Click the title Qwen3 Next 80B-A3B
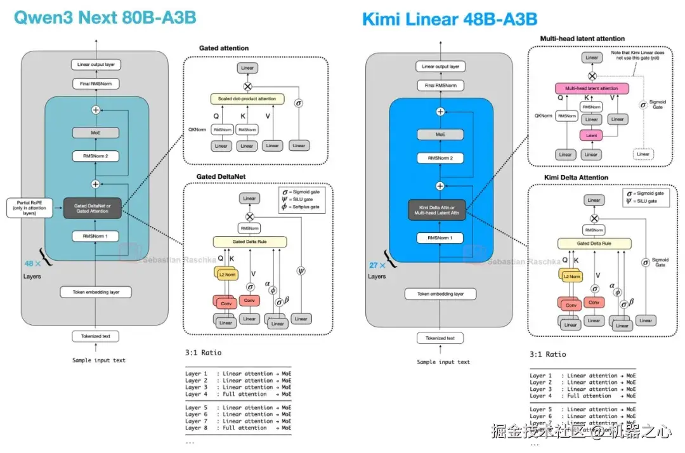[105, 17]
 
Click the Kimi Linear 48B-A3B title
[450, 19]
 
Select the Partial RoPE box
[26, 207]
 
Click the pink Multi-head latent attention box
[591, 88]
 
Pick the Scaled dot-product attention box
[247, 99]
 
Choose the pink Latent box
[591, 135]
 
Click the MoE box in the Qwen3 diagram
[96, 133]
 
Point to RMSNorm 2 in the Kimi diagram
[440, 159]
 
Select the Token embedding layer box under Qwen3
[96, 292]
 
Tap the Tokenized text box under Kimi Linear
[440, 338]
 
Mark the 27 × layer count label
[377, 265]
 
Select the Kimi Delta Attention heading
[576, 177]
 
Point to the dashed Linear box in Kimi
[643, 154]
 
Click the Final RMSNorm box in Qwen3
[96, 84]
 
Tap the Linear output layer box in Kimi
[440, 67]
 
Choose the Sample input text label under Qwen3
[98, 360]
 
